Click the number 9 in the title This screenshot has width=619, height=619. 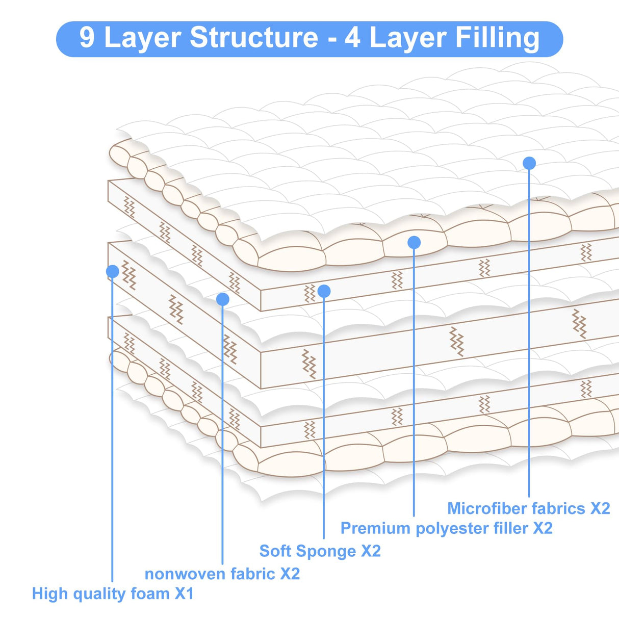point(87,38)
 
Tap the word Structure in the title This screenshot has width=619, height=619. point(254,38)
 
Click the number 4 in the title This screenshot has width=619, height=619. point(352,38)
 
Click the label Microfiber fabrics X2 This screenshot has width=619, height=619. point(528,508)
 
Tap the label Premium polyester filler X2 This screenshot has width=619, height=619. point(446,528)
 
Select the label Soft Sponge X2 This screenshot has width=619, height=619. point(320,551)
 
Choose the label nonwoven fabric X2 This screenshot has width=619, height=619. point(222,574)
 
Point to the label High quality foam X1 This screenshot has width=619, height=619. point(113,594)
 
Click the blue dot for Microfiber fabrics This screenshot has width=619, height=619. point(529,163)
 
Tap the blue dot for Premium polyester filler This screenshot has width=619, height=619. point(414,243)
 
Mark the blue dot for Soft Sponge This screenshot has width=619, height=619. point(324,291)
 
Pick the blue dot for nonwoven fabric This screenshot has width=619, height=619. point(222,299)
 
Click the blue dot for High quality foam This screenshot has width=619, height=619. point(113,271)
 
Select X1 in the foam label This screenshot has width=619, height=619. point(184,594)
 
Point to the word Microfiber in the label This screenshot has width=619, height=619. point(486,508)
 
